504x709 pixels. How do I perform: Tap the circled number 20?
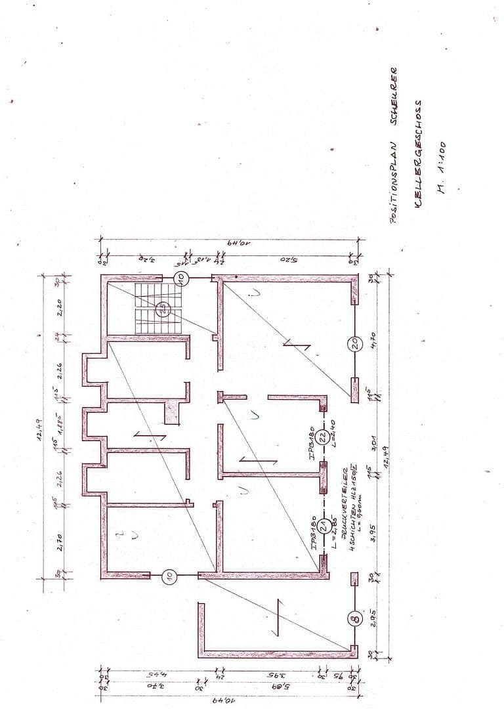coord(355,343)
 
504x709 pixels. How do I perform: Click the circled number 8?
coord(355,618)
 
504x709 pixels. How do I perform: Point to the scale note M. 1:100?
coord(441,169)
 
